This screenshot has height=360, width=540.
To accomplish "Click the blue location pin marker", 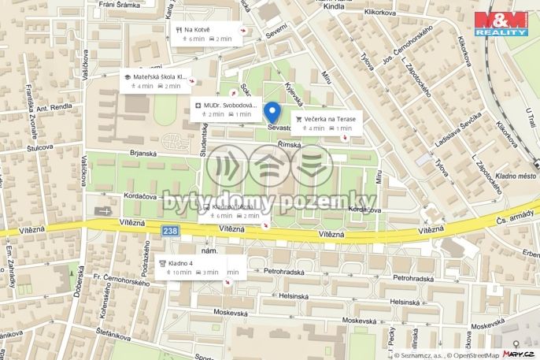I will [272, 113].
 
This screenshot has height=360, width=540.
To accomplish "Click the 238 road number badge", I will [170, 231].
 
